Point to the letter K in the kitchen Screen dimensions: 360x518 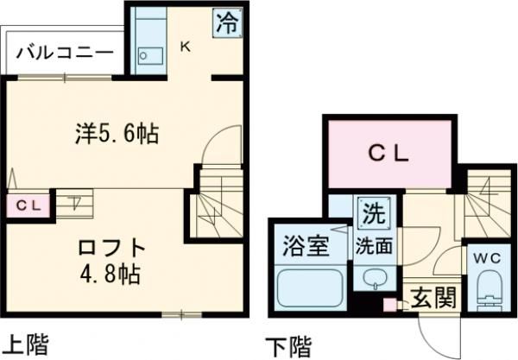[x=185, y=48]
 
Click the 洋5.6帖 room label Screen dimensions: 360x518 [x=114, y=134]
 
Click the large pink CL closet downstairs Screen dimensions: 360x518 [x=389, y=155]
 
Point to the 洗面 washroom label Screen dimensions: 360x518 [x=374, y=244]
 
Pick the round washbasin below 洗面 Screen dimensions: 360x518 [x=374, y=278]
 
